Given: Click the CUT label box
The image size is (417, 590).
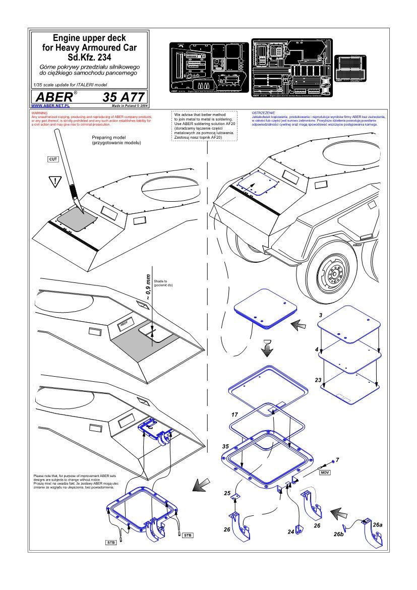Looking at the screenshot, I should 53,159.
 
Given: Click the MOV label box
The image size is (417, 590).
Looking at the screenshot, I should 325,473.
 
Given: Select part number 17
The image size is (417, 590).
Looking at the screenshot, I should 234,415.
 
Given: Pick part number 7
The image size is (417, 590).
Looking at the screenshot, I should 337,460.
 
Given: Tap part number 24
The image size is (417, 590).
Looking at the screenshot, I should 291,532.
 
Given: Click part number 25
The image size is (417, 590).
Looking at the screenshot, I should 227,493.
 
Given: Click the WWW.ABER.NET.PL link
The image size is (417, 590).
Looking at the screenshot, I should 50,106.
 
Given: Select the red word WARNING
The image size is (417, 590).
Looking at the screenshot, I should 39,113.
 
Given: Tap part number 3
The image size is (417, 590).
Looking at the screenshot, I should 321,315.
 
